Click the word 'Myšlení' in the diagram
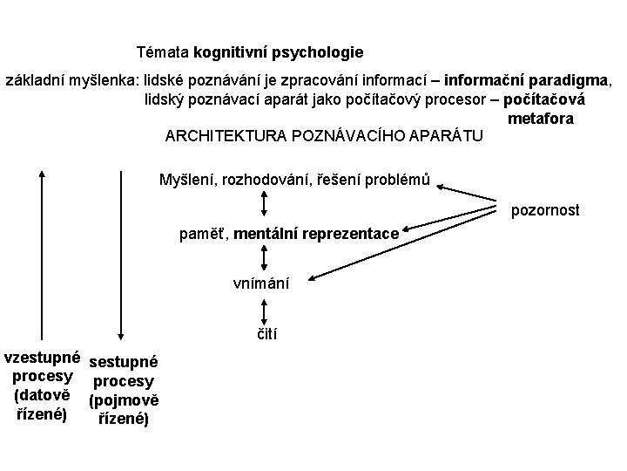(x=187, y=180)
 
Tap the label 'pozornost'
(x=544, y=210)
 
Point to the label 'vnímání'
(x=262, y=283)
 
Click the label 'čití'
(x=266, y=333)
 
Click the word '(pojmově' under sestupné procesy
(x=123, y=400)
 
